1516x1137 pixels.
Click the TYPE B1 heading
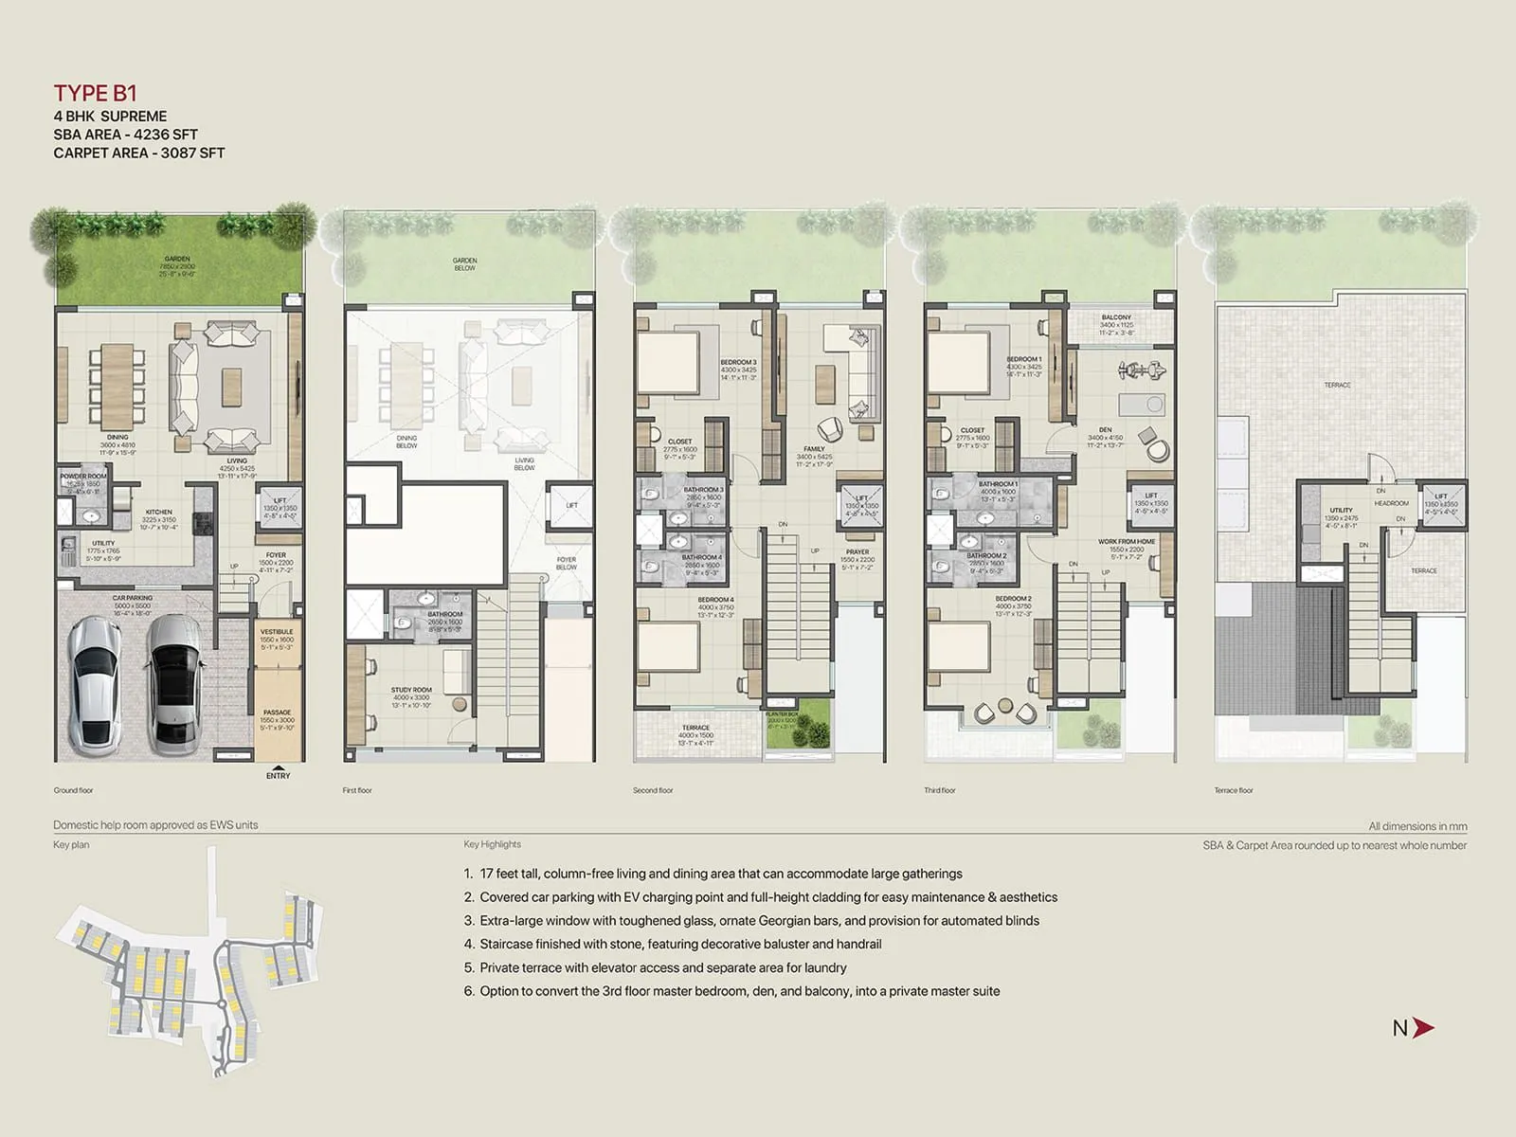click(x=95, y=93)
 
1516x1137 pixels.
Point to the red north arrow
click(x=1422, y=1028)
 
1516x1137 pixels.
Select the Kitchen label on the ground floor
click(x=159, y=512)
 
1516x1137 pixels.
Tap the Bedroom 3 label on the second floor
click(x=738, y=363)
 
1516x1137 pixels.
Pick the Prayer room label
click(x=857, y=551)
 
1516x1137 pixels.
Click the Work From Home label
click(x=1127, y=542)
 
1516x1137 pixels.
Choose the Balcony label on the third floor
click(x=1116, y=317)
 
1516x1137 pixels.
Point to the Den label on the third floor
click(x=1105, y=430)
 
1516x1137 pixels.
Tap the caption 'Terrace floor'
click(x=1234, y=790)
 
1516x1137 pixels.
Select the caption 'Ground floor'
click(x=73, y=790)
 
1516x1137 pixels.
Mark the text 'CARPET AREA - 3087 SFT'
click(x=139, y=153)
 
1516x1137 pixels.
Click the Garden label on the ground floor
click(x=177, y=259)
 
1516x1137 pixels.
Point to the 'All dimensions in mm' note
click(x=1417, y=826)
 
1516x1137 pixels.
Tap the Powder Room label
click(x=83, y=477)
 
